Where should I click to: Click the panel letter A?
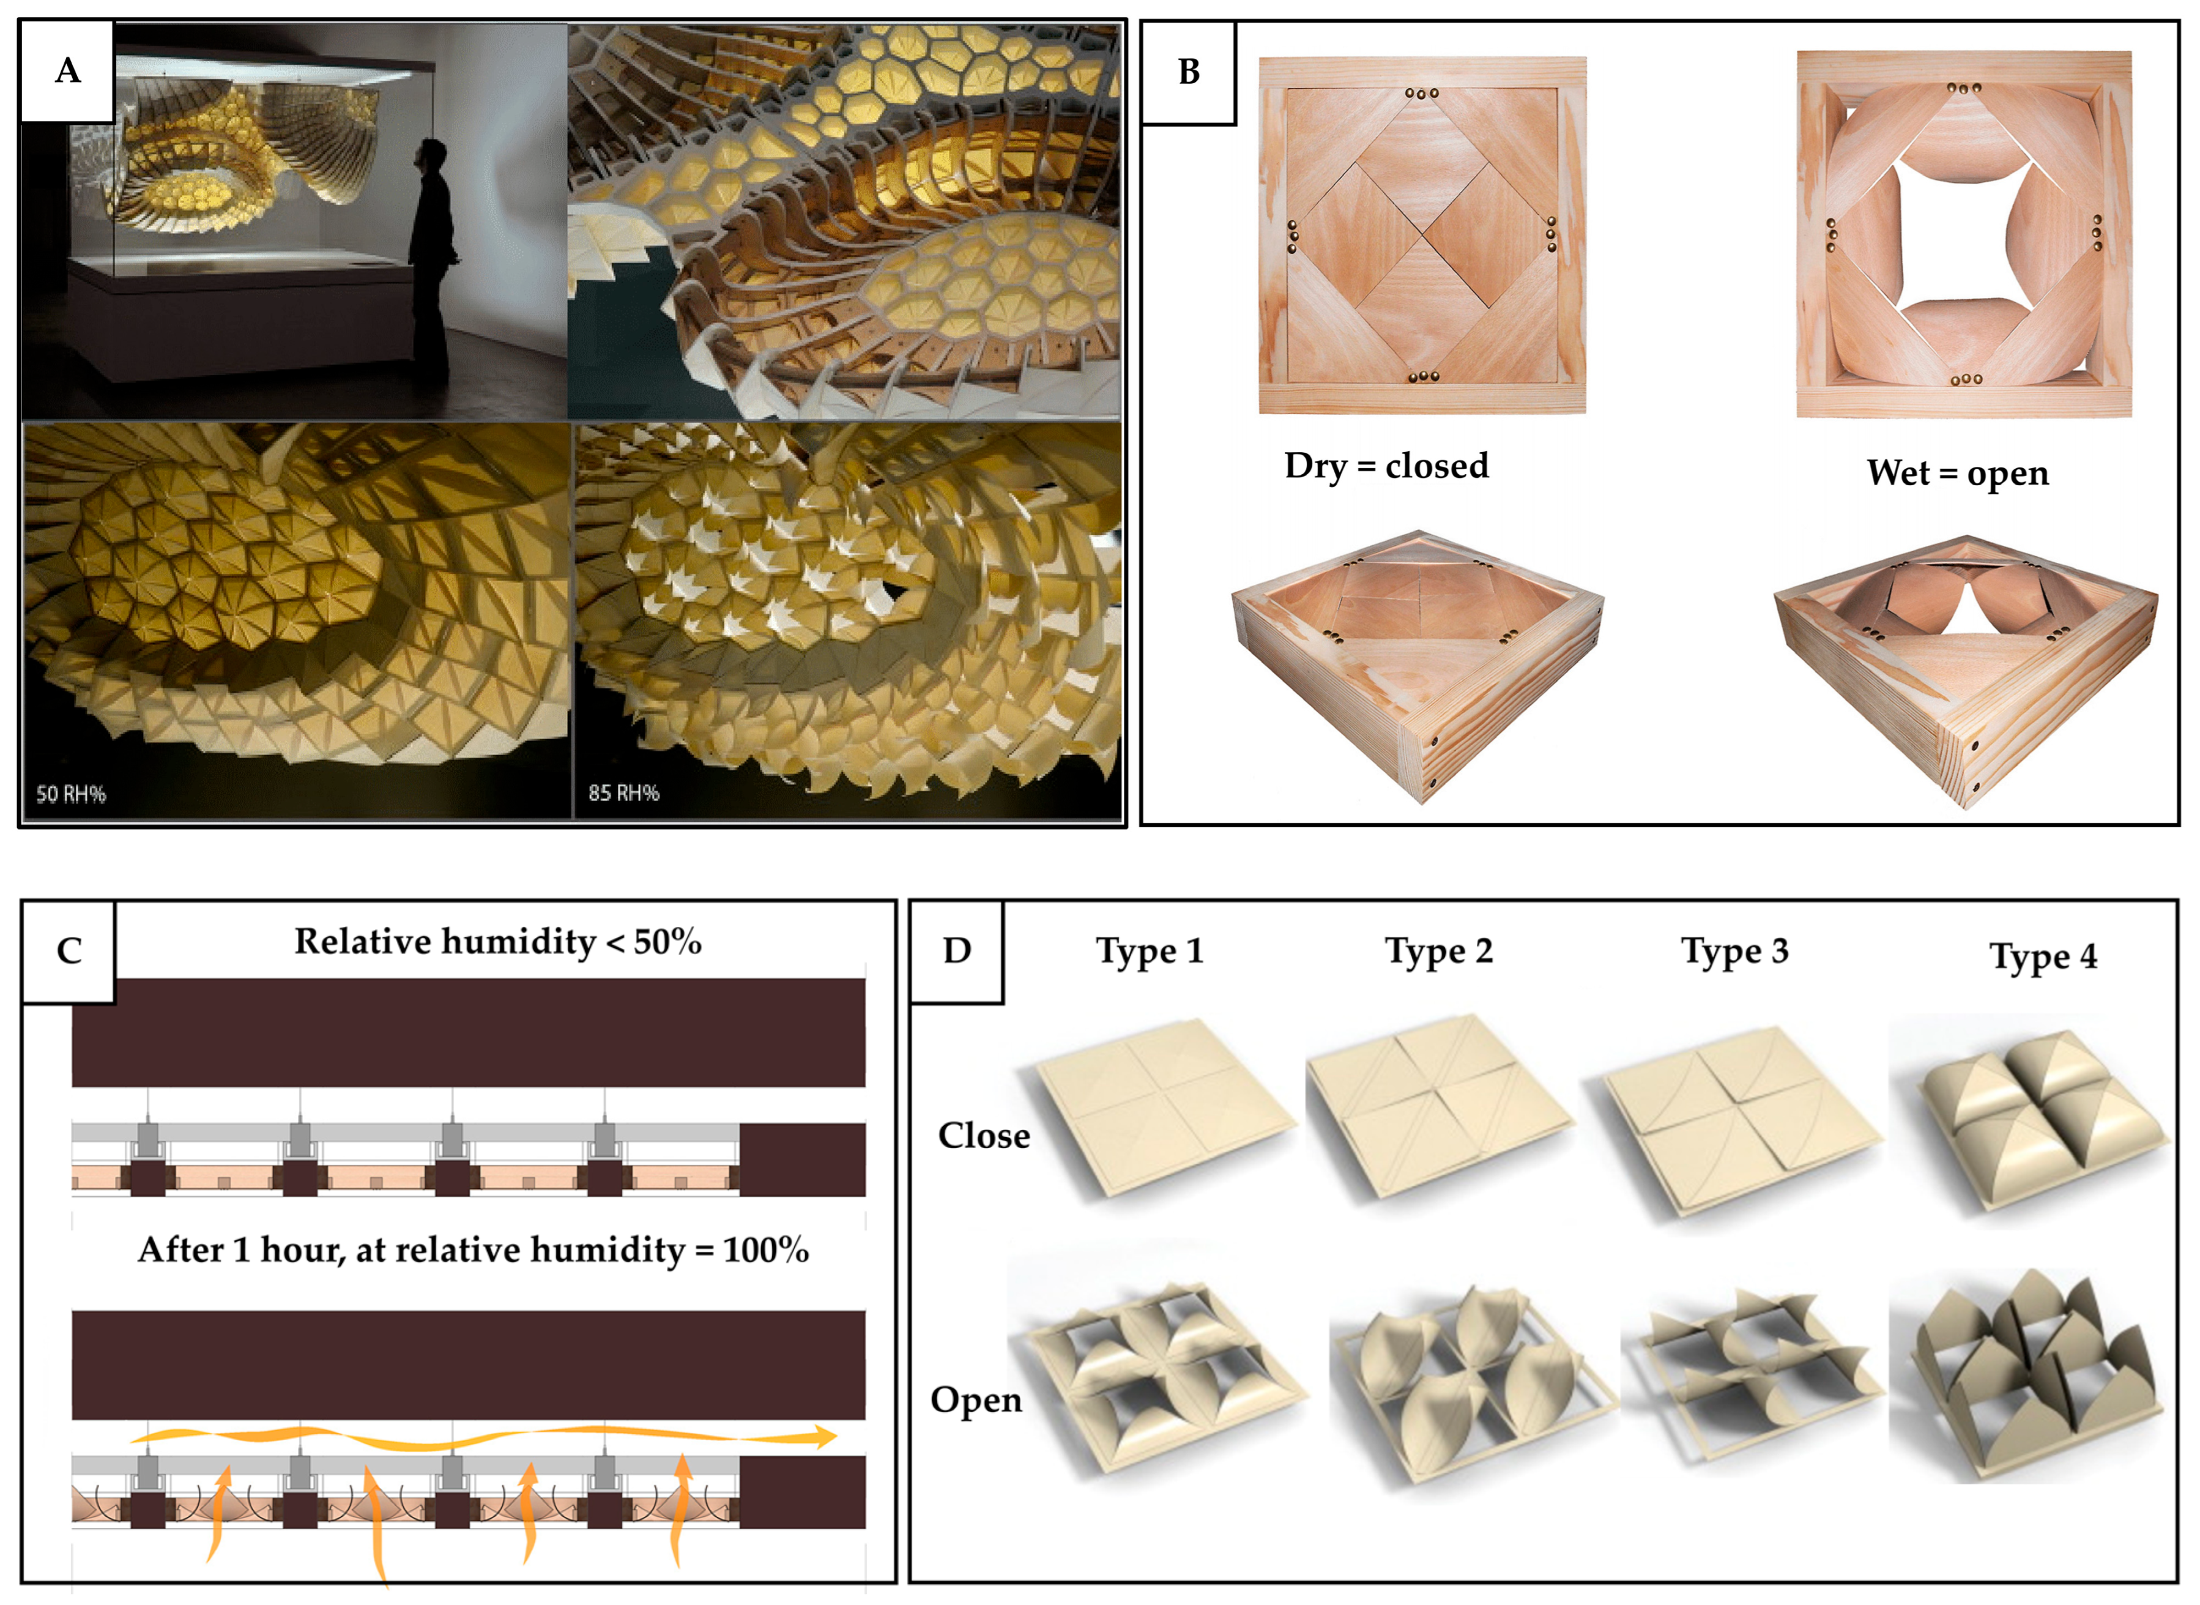[x=68, y=70]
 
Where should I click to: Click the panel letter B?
[x=1189, y=71]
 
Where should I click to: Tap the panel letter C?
[x=69, y=950]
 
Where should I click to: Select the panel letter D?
[x=957, y=950]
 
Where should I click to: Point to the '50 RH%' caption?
[x=71, y=794]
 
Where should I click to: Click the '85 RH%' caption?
[x=623, y=793]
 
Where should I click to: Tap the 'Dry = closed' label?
[x=1386, y=466]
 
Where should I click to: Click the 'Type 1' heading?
[x=1150, y=951]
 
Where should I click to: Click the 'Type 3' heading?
[x=1735, y=951]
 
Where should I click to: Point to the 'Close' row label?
[x=984, y=1136]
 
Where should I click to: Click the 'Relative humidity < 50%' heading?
[x=497, y=942]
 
